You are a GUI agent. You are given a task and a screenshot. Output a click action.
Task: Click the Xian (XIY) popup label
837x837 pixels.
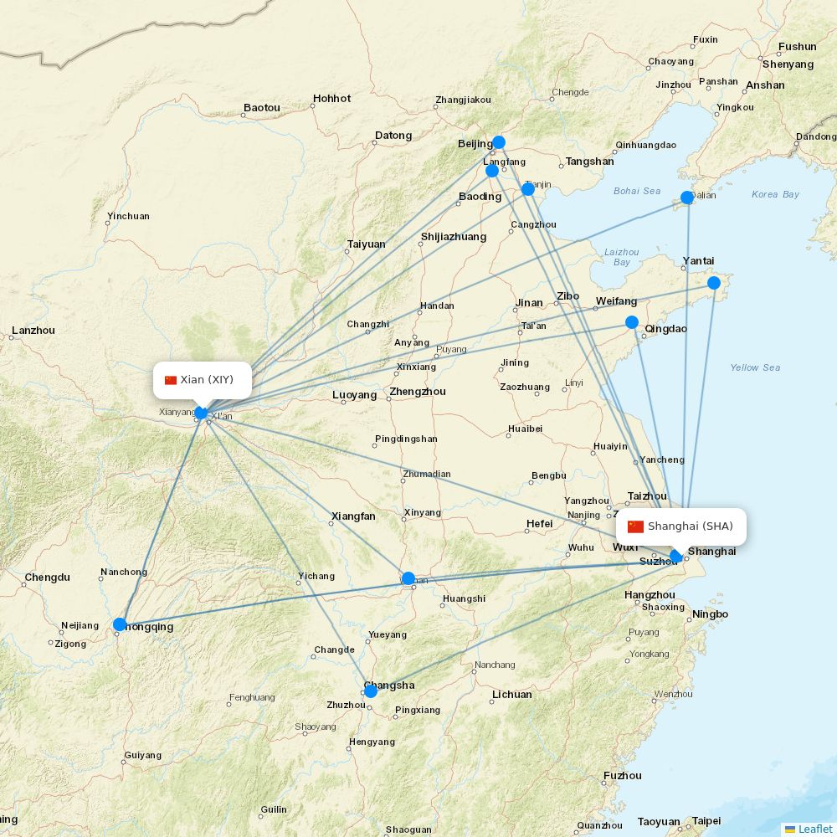pyautogui.click(x=202, y=380)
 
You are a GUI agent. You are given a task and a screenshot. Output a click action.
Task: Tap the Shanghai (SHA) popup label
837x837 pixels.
pyautogui.click(x=680, y=526)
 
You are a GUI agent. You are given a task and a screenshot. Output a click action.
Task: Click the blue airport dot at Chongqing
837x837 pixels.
pyautogui.click(x=120, y=624)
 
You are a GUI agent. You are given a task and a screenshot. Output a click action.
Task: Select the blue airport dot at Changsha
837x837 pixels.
pyautogui.click(x=371, y=691)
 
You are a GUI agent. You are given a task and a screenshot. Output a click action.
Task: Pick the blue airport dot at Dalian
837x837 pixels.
pyautogui.click(x=687, y=198)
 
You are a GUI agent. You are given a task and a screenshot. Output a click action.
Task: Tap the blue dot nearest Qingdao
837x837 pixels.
pyautogui.click(x=632, y=322)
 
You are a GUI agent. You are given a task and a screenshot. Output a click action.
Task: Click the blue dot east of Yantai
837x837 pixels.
pyautogui.click(x=714, y=283)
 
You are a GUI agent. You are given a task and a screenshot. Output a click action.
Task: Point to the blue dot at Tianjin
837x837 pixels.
pyautogui.click(x=528, y=189)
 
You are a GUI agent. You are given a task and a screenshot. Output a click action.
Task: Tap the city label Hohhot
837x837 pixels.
pyautogui.click(x=331, y=99)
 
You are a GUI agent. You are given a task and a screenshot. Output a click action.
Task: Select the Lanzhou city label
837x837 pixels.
pyautogui.click(x=33, y=331)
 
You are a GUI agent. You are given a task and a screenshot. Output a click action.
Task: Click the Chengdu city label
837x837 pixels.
pyautogui.click(x=48, y=578)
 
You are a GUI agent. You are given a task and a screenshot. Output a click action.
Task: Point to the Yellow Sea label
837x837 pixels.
pyautogui.click(x=755, y=367)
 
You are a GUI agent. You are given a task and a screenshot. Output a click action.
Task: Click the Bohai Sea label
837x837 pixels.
pyautogui.click(x=637, y=191)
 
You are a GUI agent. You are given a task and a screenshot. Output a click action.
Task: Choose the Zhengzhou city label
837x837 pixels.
pyautogui.click(x=418, y=392)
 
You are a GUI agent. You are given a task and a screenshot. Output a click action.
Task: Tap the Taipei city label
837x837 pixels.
pyautogui.click(x=706, y=821)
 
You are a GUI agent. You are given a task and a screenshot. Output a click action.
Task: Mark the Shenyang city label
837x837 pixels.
pyautogui.click(x=788, y=64)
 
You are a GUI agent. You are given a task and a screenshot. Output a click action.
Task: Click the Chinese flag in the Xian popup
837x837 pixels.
pyautogui.click(x=171, y=380)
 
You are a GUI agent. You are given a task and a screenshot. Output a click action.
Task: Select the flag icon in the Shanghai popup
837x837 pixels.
pyautogui.click(x=636, y=526)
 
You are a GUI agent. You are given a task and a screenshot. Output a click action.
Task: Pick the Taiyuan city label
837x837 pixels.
pyautogui.click(x=366, y=244)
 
